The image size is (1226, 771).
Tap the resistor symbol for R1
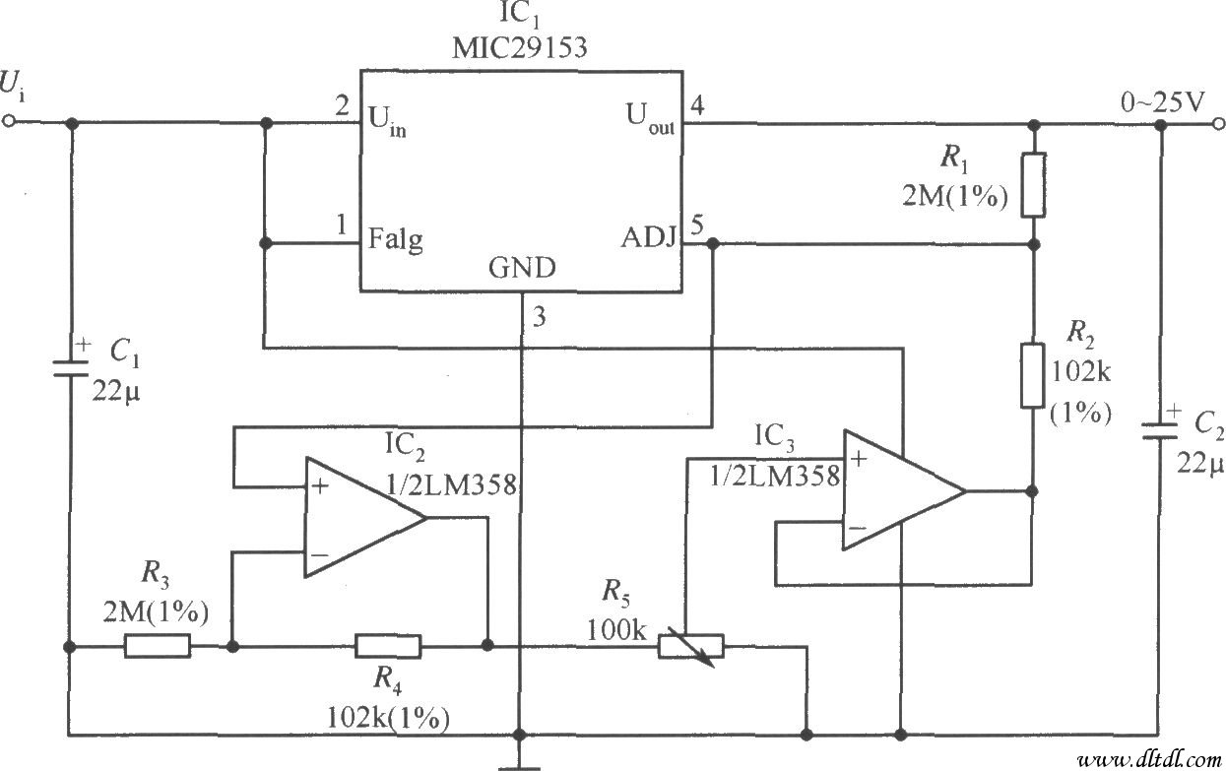coord(1033,184)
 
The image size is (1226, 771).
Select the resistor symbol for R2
coord(1033,375)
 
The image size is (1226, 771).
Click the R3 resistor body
coord(158,646)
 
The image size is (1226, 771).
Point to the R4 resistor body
coord(388,646)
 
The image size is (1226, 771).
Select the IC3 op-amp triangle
coord(901,490)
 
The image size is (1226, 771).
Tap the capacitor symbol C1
coord(70,367)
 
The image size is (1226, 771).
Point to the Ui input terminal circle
coord(10,123)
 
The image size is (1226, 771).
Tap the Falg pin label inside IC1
coord(395,239)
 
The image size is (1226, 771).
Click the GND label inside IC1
coord(521,268)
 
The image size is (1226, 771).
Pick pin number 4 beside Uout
coord(697,104)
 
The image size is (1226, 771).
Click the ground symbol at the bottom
coord(519,764)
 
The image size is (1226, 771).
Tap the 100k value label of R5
coord(615,628)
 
